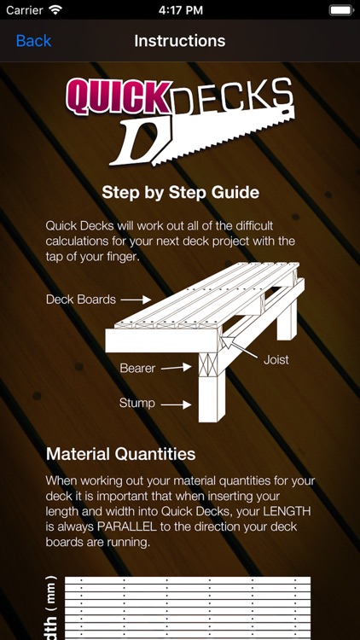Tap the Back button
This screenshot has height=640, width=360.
[33, 41]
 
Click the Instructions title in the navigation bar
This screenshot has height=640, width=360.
[180, 41]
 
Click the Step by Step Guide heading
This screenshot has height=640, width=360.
[180, 192]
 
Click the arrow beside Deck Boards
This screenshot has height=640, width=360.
[135, 300]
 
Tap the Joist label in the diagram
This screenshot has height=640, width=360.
[276, 359]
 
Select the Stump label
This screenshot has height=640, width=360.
[137, 403]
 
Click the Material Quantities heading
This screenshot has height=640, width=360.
[120, 454]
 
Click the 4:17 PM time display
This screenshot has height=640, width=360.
[180, 11]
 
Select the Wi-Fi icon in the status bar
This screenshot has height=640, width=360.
[56, 11]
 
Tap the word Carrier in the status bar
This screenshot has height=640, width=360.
[24, 11]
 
